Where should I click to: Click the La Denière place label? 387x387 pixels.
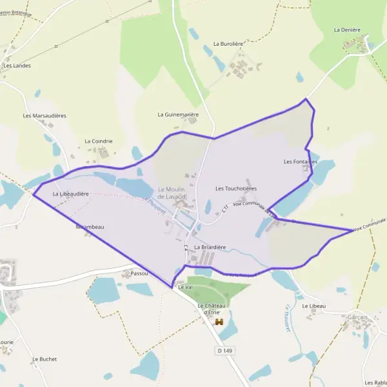346,30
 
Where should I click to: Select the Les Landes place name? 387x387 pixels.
17,65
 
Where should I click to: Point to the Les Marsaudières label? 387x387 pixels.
45,116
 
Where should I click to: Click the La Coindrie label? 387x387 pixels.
99,141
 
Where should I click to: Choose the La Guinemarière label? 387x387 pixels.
178,114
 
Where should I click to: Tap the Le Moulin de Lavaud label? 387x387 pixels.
172,191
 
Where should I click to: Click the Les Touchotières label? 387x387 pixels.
236,188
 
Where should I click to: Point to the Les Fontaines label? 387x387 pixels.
301,161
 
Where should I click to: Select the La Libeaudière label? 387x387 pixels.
70,193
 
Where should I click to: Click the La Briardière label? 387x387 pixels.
210,247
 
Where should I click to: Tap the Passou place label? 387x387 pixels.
139,273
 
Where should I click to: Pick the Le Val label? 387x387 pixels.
185,286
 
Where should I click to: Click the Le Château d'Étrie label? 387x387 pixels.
210,309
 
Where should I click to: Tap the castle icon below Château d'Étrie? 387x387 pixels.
219,321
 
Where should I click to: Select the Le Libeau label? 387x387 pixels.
314,306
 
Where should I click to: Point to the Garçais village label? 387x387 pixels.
357,317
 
